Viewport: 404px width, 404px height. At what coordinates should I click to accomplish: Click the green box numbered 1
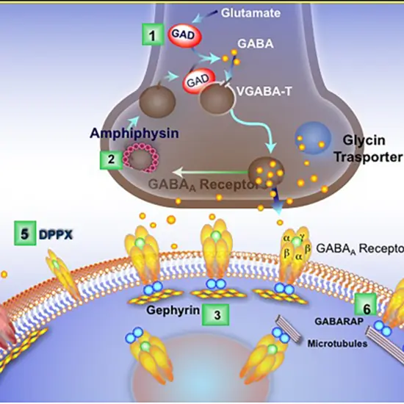tap(151, 35)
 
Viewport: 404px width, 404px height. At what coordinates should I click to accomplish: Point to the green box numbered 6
tap(366, 303)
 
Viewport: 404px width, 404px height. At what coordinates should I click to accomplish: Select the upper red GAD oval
tap(181, 35)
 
